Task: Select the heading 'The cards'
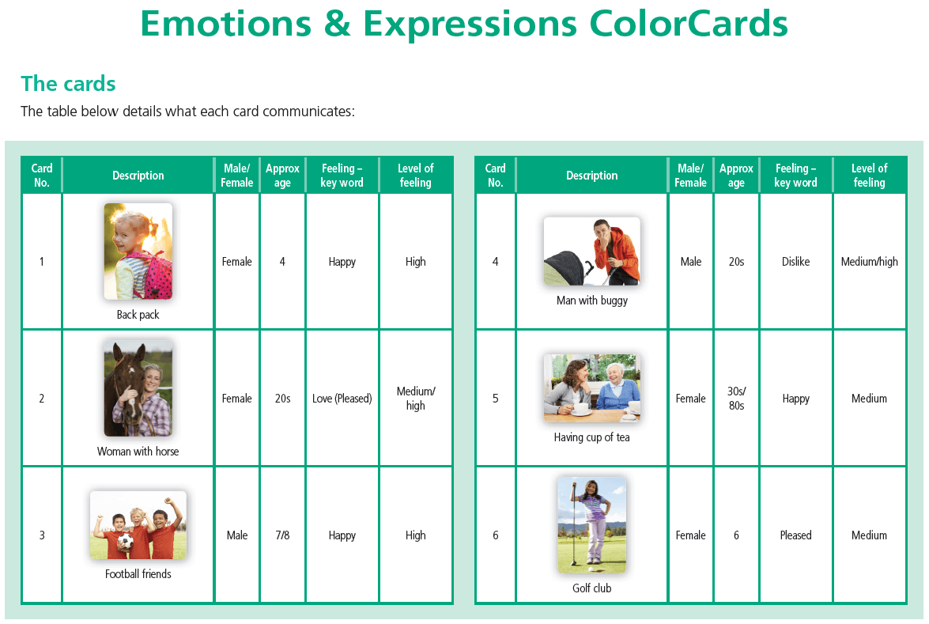[68, 84]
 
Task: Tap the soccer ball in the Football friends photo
[125, 542]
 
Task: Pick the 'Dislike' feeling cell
[795, 261]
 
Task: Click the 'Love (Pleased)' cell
[342, 399]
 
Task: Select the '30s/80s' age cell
[736, 399]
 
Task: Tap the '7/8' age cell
[282, 535]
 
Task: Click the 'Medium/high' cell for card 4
[869, 261]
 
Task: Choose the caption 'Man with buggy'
[592, 301]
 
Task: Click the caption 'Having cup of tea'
[592, 437]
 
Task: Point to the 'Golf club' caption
[592, 588]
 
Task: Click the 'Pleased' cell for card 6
[795, 535]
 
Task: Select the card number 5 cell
[495, 399]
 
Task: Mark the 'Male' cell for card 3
[237, 535]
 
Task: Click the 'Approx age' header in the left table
[282, 176]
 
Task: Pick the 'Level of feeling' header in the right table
[869, 176]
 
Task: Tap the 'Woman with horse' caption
[138, 452]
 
